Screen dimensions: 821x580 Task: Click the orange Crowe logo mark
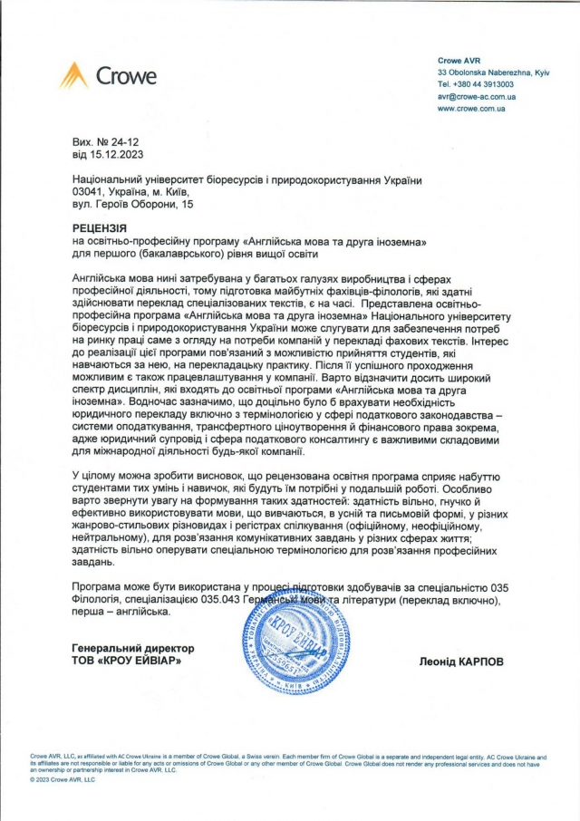tap(73, 75)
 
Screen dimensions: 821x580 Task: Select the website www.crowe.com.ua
tap(470, 108)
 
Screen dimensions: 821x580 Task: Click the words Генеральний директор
tap(132, 649)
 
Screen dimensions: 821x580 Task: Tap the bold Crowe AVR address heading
tap(459, 59)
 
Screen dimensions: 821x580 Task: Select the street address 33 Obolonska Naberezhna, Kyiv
tap(492, 71)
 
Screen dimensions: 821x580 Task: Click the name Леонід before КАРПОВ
tap(434, 662)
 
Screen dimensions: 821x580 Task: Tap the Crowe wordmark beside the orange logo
tap(125, 76)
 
